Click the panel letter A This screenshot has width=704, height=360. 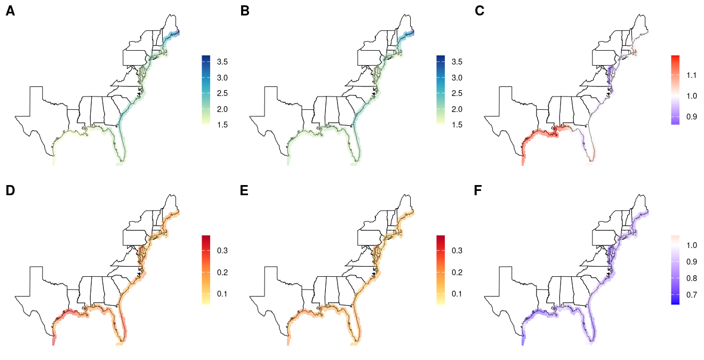click(10, 11)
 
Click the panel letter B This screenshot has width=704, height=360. click(245, 11)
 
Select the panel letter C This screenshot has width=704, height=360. click(479, 11)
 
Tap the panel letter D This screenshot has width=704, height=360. click(10, 190)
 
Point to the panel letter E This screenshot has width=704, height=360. click(245, 190)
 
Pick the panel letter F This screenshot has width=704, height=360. click(479, 190)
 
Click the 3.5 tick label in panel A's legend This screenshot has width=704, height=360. click(222, 62)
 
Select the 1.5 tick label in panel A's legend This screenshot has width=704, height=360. click(222, 125)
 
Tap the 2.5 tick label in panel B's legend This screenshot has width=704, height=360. click(457, 94)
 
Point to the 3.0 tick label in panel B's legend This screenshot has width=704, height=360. click(457, 78)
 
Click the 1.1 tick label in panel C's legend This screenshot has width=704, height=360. click(692, 75)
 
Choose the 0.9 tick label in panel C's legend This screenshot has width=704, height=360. click(692, 116)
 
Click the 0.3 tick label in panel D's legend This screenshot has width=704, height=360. click(222, 251)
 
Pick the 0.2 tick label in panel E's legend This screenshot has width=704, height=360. click(457, 273)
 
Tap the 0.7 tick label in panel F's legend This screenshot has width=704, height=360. click(692, 294)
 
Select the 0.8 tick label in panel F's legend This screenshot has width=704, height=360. click(692, 278)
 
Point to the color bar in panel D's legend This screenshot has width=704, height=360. click(206, 269)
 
